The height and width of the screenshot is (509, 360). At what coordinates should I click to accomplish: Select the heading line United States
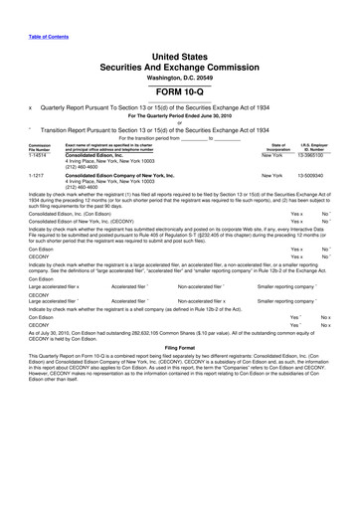pyautogui.click(x=179, y=59)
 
